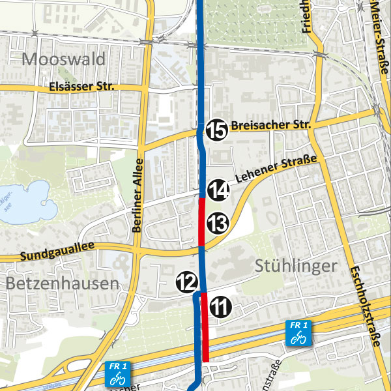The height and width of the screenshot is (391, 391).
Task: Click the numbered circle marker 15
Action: pos(217,130)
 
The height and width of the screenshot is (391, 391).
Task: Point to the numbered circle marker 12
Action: pos(186,282)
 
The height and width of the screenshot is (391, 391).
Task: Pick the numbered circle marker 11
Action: pos(222,306)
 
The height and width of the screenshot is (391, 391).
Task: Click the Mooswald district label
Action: pos(63,60)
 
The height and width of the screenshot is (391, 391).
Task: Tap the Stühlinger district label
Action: pos(297,266)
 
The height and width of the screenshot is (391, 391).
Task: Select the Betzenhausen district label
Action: pos(63,283)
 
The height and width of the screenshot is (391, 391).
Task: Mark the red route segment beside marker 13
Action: pos(202,222)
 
